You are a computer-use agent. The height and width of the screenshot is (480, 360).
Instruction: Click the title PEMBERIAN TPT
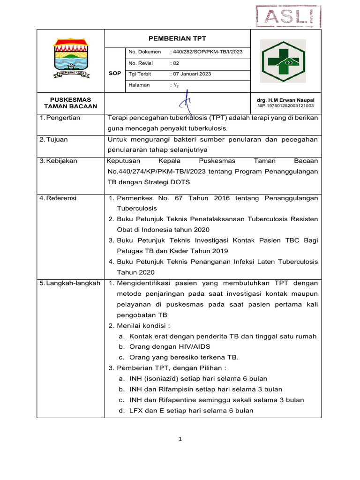[178, 38]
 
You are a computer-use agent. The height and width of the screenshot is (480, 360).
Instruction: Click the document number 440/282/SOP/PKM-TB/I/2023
[207, 52]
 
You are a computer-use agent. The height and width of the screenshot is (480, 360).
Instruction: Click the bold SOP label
[115, 74]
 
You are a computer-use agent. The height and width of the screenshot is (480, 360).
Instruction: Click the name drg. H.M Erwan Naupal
[285, 100]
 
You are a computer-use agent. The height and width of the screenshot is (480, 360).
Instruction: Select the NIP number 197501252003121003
[285, 106]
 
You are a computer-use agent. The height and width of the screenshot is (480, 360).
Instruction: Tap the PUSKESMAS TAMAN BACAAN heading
[70, 103]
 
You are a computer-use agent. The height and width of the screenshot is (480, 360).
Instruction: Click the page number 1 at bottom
[180, 439]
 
